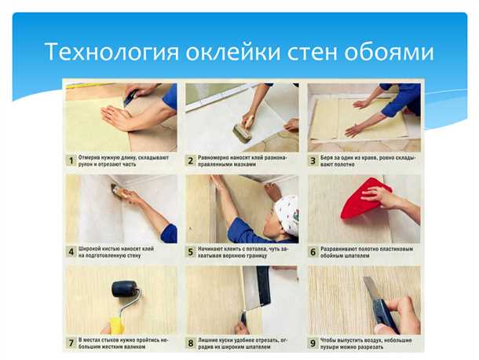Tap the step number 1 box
[x=71, y=160]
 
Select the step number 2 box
[x=190, y=160]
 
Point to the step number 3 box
[x=313, y=160]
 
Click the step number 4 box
[x=71, y=252]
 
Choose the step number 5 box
[x=190, y=252]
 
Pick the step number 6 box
[x=313, y=252]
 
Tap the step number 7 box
[x=71, y=343]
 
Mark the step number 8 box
[x=190, y=343]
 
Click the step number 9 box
[x=313, y=343]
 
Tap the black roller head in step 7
[x=125, y=288]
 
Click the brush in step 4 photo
[x=120, y=192]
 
